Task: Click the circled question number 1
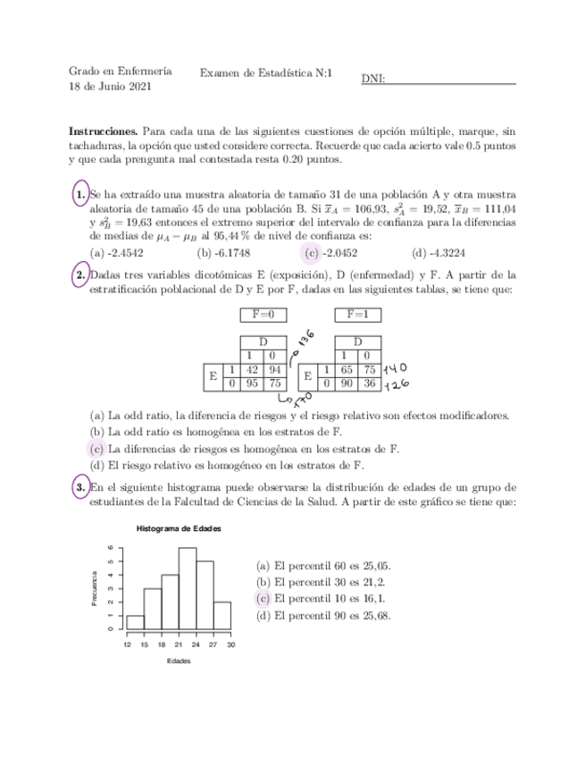(80, 194)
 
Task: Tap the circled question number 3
(80, 487)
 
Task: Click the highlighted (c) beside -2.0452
(312, 252)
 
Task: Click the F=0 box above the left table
(264, 315)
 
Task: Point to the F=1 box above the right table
(357, 315)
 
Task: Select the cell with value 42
(251, 369)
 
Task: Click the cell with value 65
(347, 369)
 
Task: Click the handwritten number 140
(395, 368)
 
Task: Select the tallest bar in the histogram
(188, 587)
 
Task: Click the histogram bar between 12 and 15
(136, 621)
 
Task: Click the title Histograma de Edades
(179, 528)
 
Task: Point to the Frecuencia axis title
(95, 587)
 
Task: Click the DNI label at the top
(373, 79)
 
